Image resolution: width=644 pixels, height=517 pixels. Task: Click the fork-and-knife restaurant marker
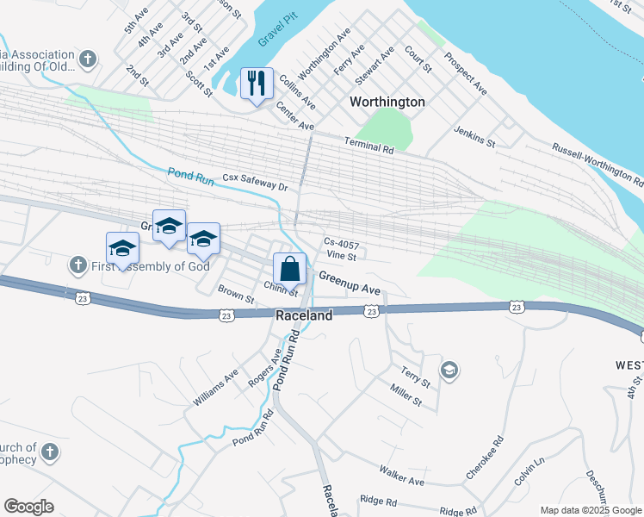click(257, 84)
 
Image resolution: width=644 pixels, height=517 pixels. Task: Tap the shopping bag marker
click(290, 269)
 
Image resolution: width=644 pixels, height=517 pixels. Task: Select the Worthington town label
click(387, 102)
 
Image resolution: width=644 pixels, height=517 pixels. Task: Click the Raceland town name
click(304, 316)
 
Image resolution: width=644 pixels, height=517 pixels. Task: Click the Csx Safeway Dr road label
click(254, 182)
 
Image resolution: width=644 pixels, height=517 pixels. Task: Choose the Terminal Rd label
click(368, 146)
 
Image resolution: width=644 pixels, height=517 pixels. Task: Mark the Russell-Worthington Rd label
click(598, 165)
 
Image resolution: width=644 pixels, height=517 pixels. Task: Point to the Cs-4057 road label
click(340, 242)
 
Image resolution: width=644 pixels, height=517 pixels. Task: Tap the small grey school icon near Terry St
click(448, 371)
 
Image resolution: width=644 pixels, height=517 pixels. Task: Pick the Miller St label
click(406, 396)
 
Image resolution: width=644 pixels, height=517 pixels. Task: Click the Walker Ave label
click(402, 475)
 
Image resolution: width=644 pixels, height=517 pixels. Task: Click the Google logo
click(28, 507)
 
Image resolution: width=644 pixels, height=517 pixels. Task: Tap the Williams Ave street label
click(216, 388)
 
